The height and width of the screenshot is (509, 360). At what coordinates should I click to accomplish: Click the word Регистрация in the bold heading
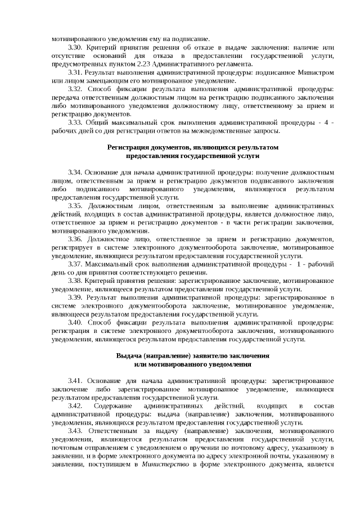(130, 147)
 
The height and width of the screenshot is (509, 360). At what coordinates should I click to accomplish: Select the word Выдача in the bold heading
(129, 355)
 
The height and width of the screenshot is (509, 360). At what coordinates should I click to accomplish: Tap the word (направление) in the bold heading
(169, 355)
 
